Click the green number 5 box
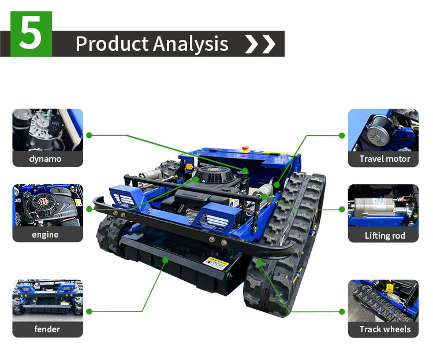point(31,35)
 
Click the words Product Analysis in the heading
point(152,44)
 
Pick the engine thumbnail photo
point(47,205)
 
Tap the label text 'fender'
point(47,329)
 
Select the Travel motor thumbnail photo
point(384,129)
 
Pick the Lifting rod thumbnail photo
point(384,206)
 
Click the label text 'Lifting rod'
point(385,235)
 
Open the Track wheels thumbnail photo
point(384,300)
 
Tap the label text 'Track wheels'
point(385,329)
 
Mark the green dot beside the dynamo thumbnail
point(89,135)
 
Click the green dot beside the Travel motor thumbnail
point(342,135)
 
